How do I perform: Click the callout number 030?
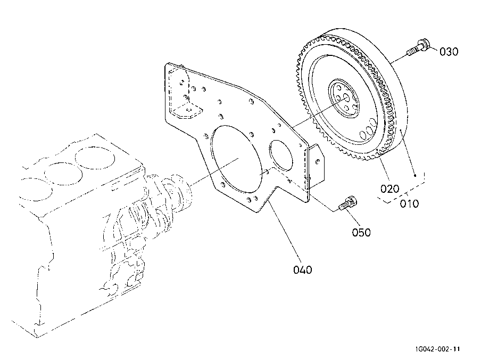point(449,52)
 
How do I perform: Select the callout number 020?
point(389,189)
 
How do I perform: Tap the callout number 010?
point(409,204)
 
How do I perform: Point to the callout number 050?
point(361,233)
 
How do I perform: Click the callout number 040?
point(303,270)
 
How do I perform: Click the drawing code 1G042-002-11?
point(437,349)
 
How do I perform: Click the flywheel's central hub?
point(344,99)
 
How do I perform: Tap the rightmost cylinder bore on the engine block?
point(95,158)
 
